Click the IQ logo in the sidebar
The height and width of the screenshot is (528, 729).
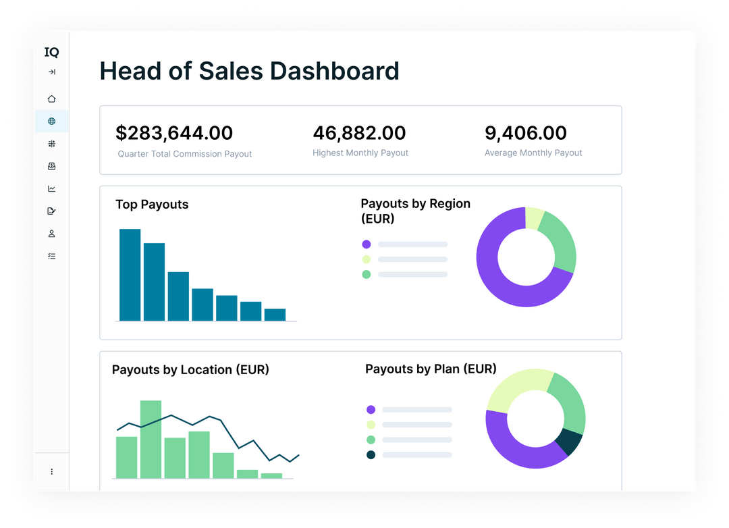tap(51, 52)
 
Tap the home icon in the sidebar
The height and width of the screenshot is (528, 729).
tap(51, 99)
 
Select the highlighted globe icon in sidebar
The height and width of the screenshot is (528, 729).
tap(51, 122)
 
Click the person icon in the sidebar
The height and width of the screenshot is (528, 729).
tap(51, 234)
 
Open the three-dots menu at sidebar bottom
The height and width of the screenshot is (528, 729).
tap(51, 471)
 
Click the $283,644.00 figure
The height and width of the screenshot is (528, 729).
tap(174, 133)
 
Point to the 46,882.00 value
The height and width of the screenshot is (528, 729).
tap(359, 133)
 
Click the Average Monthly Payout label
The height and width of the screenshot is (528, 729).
tap(533, 153)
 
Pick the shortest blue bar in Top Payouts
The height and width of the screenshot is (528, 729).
tap(275, 315)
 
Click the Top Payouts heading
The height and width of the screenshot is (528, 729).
tap(152, 205)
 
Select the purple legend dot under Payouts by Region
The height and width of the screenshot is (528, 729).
tap(367, 244)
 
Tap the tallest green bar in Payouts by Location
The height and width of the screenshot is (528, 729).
tap(151, 439)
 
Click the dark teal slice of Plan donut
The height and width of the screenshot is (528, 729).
tap(568, 442)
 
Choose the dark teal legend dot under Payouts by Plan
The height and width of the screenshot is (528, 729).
tap(371, 455)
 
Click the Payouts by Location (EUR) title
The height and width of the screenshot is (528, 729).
tap(190, 369)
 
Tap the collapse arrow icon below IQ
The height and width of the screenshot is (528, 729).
tap(51, 72)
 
